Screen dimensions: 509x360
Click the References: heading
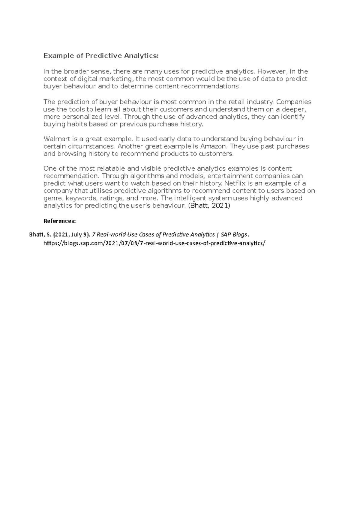pyautogui.click(x=60, y=221)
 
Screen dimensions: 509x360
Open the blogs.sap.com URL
pyautogui.click(x=154, y=243)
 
